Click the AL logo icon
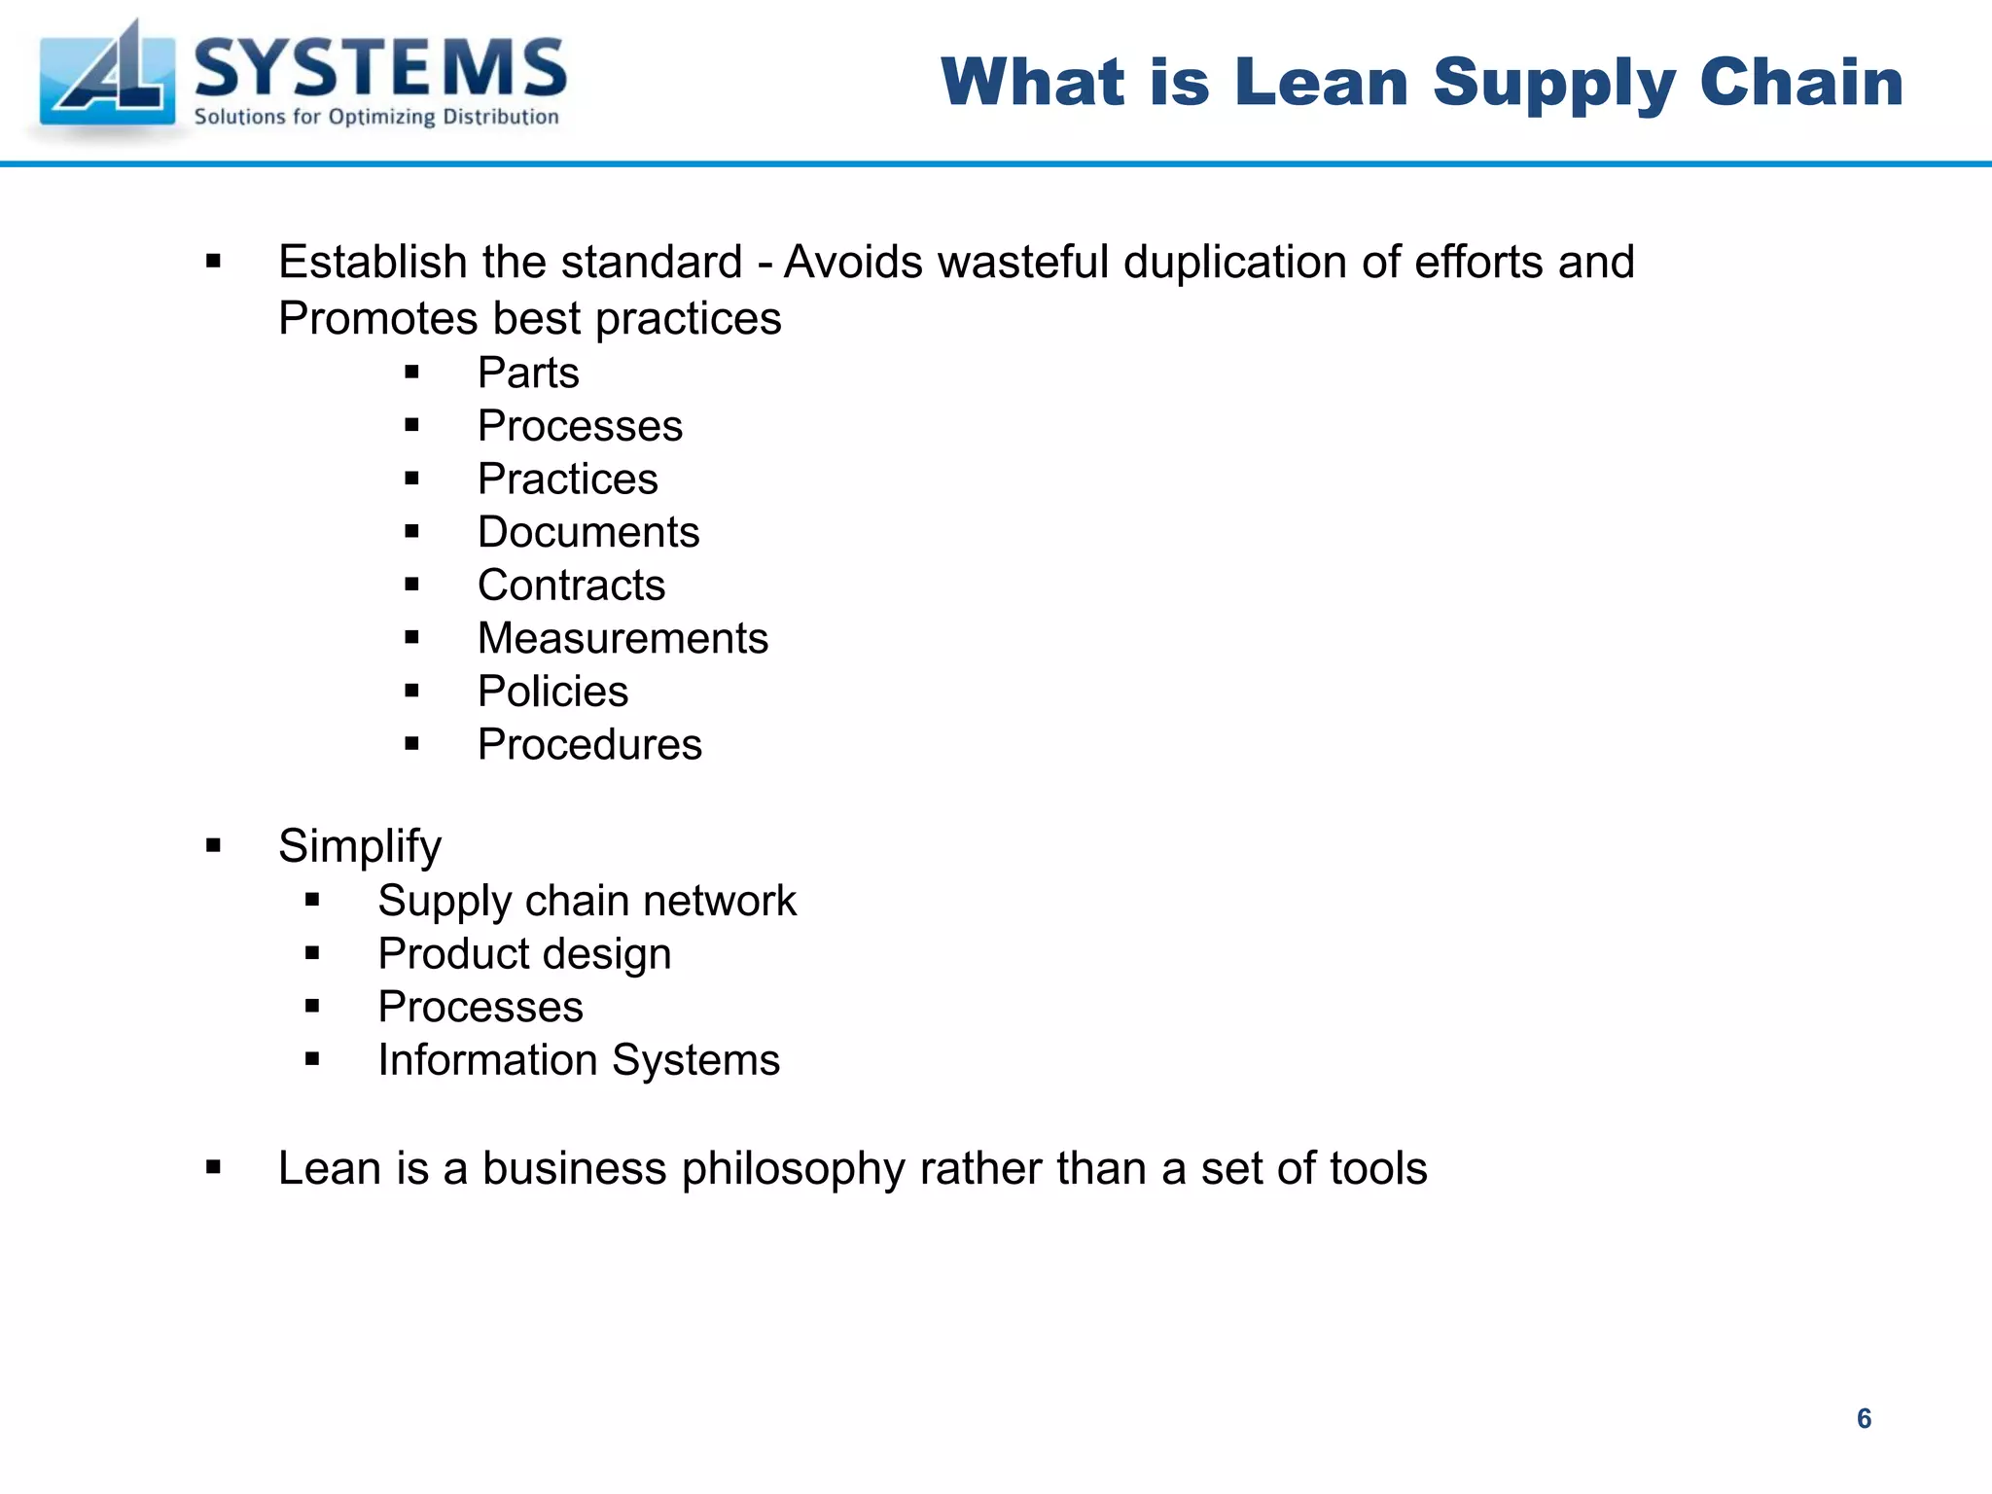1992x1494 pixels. [x=107, y=78]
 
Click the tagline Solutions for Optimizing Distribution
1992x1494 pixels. [x=376, y=118]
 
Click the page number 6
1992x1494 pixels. [x=1864, y=1418]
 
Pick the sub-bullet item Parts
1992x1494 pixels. [x=528, y=373]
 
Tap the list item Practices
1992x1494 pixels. [x=567, y=479]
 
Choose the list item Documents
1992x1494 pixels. [x=588, y=532]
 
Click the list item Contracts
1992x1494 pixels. [x=571, y=586]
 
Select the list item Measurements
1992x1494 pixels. [x=622, y=638]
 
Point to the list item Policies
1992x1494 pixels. [x=552, y=692]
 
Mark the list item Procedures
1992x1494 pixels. [x=589, y=745]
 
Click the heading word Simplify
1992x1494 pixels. [x=360, y=846]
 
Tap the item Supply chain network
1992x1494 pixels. [x=587, y=901]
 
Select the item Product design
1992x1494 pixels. [x=524, y=954]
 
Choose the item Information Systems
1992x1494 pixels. [x=579, y=1060]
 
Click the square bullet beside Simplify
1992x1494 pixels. [x=214, y=845]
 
